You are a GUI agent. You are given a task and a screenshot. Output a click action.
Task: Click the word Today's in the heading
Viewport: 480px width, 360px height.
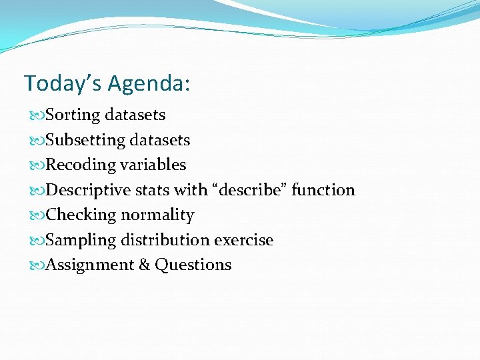click(62, 83)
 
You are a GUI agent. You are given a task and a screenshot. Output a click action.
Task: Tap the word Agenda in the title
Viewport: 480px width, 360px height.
click(148, 83)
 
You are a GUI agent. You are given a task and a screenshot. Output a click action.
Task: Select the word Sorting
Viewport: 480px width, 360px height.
click(73, 115)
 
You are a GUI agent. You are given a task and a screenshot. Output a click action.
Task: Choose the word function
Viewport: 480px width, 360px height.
click(323, 190)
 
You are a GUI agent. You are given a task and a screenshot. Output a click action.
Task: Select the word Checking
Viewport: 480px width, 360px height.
click(81, 215)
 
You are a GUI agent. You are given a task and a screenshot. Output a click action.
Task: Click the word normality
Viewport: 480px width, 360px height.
click(157, 215)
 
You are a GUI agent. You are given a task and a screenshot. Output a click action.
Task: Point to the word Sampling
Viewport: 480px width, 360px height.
click(80, 240)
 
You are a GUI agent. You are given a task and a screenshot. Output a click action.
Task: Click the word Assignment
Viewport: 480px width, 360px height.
click(89, 265)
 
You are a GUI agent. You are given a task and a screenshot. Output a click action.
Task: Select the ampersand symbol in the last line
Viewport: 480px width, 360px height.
click(145, 265)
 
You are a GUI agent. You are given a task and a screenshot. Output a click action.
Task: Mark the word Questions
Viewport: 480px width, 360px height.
click(193, 265)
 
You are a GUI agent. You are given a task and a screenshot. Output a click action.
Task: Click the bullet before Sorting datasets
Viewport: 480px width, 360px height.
click(37, 115)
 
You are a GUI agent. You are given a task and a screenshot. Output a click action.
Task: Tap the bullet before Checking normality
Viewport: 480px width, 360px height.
click(37, 215)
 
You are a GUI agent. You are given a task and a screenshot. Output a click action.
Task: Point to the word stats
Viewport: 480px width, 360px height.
click(153, 190)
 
